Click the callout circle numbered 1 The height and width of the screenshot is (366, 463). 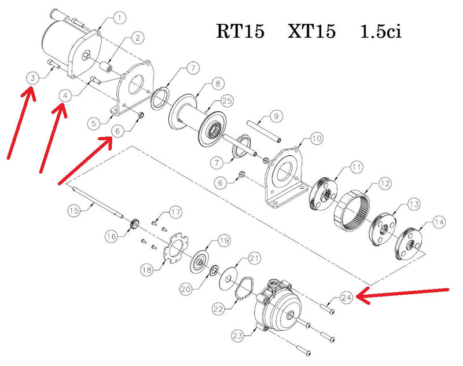pyautogui.click(x=119, y=18)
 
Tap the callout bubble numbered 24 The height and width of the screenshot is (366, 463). pyautogui.click(x=346, y=298)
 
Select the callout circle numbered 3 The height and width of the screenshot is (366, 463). pyautogui.click(x=34, y=78)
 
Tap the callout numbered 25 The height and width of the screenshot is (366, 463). pyautogui.click(x=226, y=101)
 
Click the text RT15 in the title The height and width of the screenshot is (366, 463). pyautogui.click(x=240, y=31)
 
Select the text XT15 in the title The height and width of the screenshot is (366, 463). pyautogui.click(x=311, y=31)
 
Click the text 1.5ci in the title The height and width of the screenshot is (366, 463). pyautogui.click(x=380, y=31)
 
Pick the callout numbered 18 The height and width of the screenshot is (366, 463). pyautogui.click(x=149, y=269)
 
